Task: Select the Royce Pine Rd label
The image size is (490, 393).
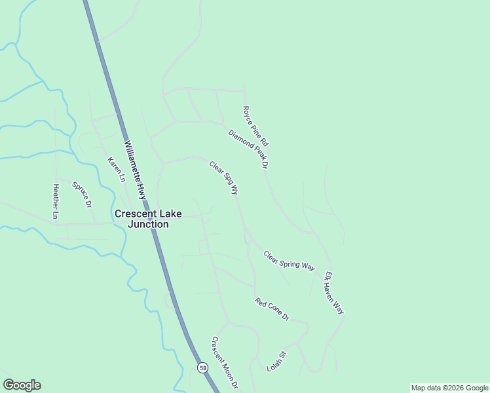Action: pyautogui.click(x=255, y=126)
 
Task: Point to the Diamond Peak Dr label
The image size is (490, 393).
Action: pyautogui.click(x=249, y=149)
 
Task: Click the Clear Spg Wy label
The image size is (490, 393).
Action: pyautogui.click(x=223, y=178)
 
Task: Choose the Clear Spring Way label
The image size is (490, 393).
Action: pyautogui.click(x=289, y=260)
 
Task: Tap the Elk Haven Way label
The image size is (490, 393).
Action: pyautogui.click(x=334, y=293)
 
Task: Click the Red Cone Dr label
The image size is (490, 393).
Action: pyautogui.click(x=272, y=309)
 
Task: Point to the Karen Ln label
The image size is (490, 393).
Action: pyautogui.click(x=116, y=170)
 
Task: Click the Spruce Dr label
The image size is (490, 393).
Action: pyautogui.click(x=82, y=195)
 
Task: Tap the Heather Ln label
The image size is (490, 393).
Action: pyautogui.click(x=56, y=200)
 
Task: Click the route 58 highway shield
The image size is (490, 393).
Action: pyautogui.click(x=203, y=368)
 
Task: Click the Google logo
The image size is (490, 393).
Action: pyautogui.click(x=22, y=385)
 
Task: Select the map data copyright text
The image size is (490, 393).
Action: pyautogui.click(x=449, y=388)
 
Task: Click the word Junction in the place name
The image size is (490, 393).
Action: pyautogui.click(x=149, y=224)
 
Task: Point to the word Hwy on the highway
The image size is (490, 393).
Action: pyautogui.click(x=141, y=189)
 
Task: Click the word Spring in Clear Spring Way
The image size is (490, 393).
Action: pyautogui.click(x=289, y=260)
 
